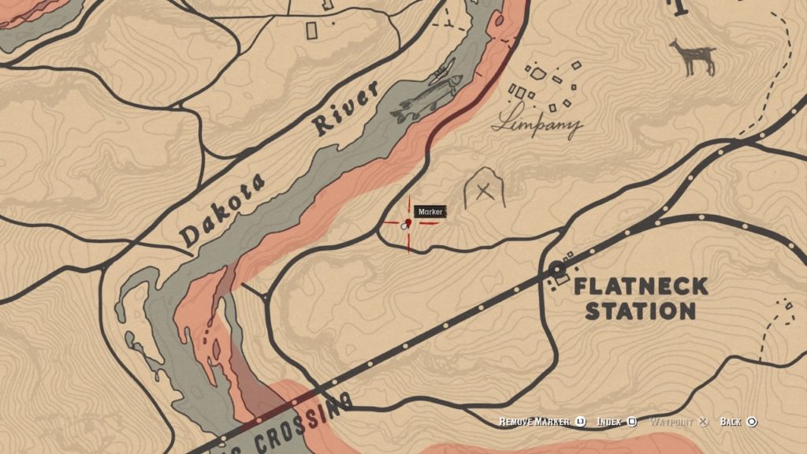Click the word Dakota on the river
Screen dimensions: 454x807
[x=223, y=207]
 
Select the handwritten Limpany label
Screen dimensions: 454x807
[x=537, y=124]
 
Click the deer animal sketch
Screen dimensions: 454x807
[x=694, y=57]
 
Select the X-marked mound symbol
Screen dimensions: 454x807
[x=484, y=190]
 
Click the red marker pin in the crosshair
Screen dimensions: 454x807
[x=408, y=224]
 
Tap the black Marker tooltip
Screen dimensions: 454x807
[x=431, y=211]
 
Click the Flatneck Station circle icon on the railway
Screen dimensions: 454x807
[x=557, y=268]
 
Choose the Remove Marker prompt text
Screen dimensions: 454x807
[x=534, y=422]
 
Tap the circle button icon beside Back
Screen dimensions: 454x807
[x=752, y=422]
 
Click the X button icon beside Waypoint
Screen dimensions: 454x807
[x=704, y=422]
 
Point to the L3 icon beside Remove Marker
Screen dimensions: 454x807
[x=580, y=422]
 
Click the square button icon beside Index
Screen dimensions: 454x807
[x=632, y=422]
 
